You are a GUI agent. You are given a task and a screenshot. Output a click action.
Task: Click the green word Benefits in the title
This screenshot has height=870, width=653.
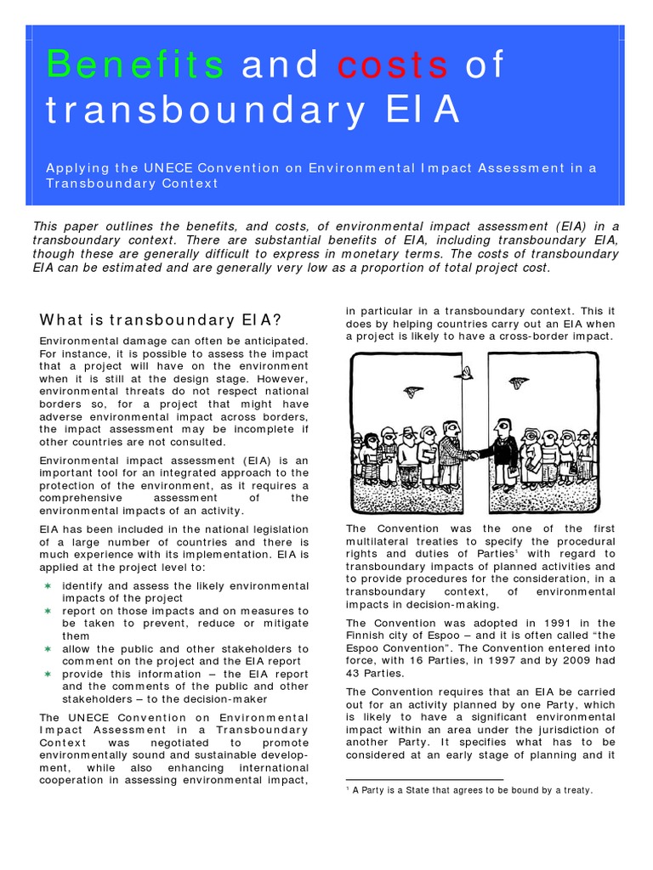135,66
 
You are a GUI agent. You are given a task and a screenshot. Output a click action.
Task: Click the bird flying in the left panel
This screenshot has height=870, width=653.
414,391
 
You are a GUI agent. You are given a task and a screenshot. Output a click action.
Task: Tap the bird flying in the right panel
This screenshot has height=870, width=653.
518,383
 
